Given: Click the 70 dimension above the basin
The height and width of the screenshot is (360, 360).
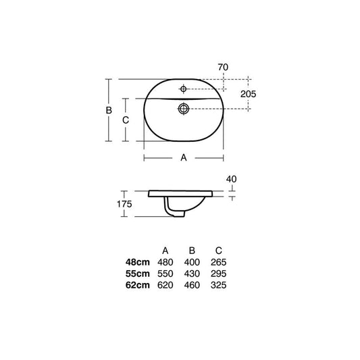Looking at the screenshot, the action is click(x=223, y=68).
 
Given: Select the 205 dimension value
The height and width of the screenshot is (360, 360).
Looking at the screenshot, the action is click(x=248, y=94).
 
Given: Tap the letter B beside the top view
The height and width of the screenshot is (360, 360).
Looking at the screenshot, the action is click(x=109, y=111).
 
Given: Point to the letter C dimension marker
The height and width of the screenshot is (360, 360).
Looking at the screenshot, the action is click(x=126, y=120).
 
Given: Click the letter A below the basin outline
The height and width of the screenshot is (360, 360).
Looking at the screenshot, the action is click(x=184, y=158).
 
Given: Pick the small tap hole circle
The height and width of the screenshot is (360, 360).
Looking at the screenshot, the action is click(x=183, y=88).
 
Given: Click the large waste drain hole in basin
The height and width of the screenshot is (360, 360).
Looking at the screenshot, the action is click(x=184, y=108).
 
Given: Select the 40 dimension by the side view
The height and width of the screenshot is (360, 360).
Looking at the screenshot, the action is click(x=231, y=179).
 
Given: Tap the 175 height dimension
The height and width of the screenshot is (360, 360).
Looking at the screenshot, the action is click(x=124, y=204).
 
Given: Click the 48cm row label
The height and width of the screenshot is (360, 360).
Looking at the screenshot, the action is click(x=138, y=262).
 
